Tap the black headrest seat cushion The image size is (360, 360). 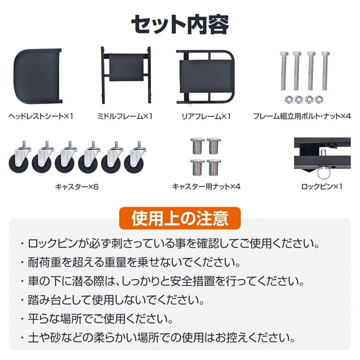37,76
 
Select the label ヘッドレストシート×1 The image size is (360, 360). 41,117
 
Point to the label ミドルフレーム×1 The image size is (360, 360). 125,117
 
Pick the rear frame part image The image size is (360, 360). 205,77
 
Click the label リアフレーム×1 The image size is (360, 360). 206,117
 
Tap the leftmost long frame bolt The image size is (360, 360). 284,71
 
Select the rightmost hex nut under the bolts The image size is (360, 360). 319,99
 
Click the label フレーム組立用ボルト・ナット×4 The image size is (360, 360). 302,117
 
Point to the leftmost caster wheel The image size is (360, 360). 19,158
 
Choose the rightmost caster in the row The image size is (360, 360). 135,158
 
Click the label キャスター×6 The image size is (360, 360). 77,187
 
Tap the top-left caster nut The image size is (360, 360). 197,146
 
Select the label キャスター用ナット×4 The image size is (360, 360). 206,187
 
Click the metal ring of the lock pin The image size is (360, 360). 324,174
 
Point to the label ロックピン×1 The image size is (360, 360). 322,187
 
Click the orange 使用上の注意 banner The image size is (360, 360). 180,218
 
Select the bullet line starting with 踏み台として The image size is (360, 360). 113,300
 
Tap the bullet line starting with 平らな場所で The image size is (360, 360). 97,319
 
